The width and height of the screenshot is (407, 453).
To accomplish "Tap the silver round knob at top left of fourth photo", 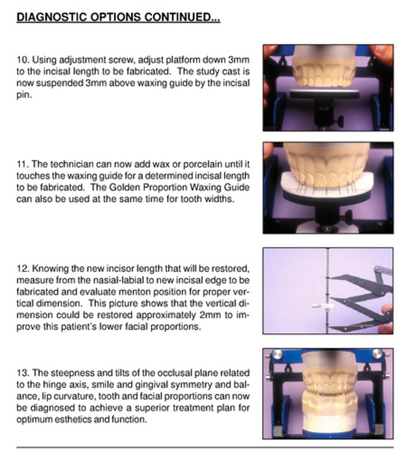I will pos(277,354).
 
